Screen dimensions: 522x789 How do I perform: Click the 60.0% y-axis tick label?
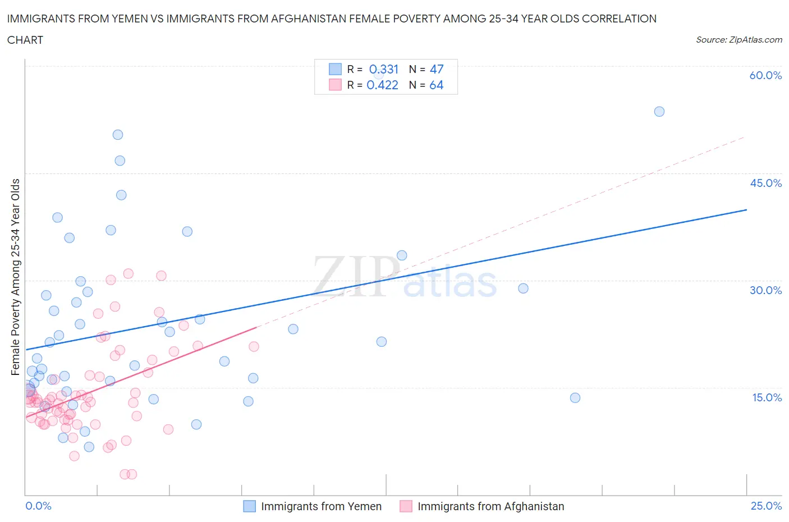tap(765, 75)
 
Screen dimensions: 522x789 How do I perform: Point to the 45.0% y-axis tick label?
tap(765, 183)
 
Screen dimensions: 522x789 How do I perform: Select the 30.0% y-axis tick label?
tap(765, 290)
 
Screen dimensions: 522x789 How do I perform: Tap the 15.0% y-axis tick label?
tap(765, 397)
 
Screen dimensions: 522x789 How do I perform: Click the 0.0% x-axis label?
tap(38, 506)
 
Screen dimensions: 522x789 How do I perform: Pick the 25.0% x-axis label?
tap(766, 506)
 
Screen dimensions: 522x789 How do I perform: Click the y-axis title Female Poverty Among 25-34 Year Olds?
tap(16, 277)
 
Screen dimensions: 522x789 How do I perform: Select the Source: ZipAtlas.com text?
tap(738, 40)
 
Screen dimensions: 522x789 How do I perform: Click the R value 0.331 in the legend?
tap(383, 69)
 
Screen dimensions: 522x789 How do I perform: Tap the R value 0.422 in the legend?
tap(382, 85)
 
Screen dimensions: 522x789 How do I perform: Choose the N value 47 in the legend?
tap(436, 69)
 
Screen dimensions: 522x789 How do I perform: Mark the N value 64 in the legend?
tap(436, 85)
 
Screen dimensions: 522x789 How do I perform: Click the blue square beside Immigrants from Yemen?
tap(249, 506)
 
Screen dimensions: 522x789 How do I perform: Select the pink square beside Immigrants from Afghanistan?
tap(406, 506)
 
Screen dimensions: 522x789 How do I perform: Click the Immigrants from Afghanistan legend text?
tap(490, 506)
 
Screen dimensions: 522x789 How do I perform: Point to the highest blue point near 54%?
tap(659, 112)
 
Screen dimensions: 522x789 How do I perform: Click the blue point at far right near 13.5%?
tap(575, 398)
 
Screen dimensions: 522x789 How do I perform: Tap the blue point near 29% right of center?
tap(523, 289)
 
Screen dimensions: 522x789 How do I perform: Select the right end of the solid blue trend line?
tap(746, 209)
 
